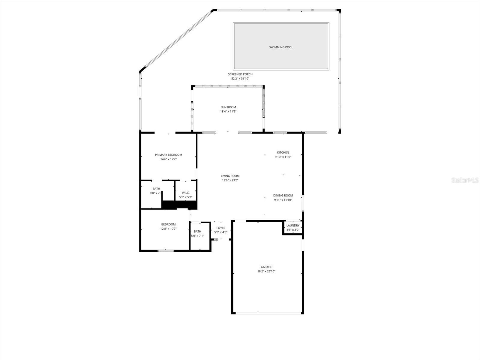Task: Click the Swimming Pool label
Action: (281, 47)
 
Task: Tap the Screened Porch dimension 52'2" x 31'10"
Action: (240, 79)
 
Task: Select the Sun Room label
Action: (228, 107)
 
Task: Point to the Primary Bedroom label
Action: (168, 155)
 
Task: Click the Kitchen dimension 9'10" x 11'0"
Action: (283, 157)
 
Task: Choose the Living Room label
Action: (230, 176)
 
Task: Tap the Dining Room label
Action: (283, 196)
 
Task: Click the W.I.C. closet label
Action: (186, 193)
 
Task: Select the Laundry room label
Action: (293, 226)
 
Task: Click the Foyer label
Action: (221, 228)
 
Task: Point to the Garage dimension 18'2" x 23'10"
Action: (266, 271)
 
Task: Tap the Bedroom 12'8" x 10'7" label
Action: (168, 224)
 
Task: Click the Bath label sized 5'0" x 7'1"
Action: (197, 232)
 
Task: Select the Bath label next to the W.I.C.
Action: (156, 189)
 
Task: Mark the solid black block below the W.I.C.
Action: (179, 205)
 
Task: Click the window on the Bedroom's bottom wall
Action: (166, 250)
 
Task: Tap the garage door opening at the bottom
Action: (268, 313)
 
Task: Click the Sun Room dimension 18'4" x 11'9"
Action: (228, 112)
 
